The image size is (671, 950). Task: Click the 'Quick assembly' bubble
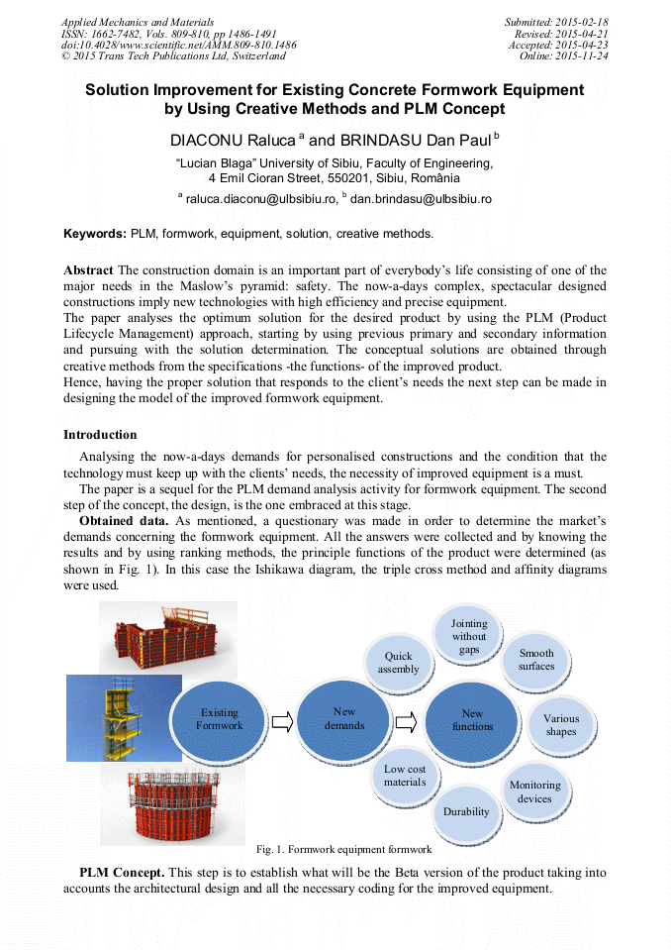click(x=399, y=662)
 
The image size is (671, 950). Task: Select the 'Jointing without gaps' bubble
click(x=469, y=636)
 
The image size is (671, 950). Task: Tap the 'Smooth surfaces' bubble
click(x=536, y=660)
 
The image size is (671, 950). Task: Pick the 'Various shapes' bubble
click(x=561, y=725)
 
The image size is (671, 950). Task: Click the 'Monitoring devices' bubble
click(x=534, y=792)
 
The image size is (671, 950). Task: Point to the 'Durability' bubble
click(x=466, y=811)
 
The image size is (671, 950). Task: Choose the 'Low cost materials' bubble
click(x=405, y=776)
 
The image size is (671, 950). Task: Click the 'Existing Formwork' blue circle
click(x=220, y=718)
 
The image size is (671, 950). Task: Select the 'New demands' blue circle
click(x=344, y=718)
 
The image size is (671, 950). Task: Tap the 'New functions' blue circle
click(x=473, y=719)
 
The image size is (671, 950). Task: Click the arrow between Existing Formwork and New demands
click(x=283, y=721)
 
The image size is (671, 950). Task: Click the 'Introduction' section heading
click(x=100, y=435)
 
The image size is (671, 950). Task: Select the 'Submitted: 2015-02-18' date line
click(x=558, y=21)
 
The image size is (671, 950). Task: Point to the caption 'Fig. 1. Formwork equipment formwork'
click(x=343, y=850)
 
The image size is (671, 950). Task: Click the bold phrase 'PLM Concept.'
click(x=122, y=873)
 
